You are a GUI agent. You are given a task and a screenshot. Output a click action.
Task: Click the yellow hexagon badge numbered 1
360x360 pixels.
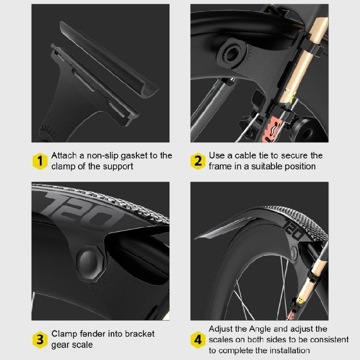click(40, 161)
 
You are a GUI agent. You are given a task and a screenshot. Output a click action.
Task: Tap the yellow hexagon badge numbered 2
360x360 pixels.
click(198, 161)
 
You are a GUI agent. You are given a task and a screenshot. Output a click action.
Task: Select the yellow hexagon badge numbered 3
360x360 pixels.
click(40, 339)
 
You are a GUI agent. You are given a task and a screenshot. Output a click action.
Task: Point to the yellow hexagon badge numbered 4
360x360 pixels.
click(198, 339)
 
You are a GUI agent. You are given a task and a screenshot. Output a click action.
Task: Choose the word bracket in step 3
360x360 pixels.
click(138, 334)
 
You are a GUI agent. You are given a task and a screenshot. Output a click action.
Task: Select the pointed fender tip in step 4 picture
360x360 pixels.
click(198, 237)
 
